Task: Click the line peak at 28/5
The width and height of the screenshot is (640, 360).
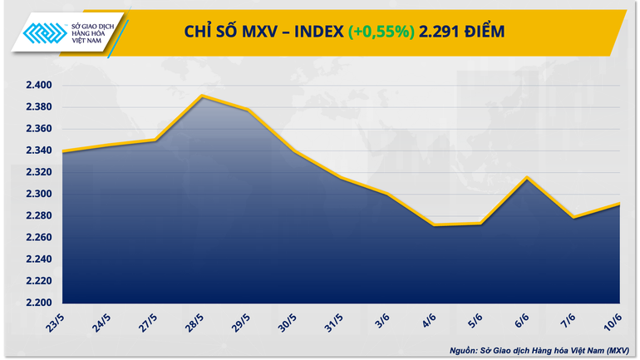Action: point(203,96)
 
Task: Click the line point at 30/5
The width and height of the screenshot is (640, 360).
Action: point(295,150)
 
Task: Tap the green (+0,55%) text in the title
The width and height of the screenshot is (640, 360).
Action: point(381,32)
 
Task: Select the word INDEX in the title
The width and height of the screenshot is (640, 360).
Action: point(316,32)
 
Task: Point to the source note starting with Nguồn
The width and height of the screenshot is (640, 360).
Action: point(540,350)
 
